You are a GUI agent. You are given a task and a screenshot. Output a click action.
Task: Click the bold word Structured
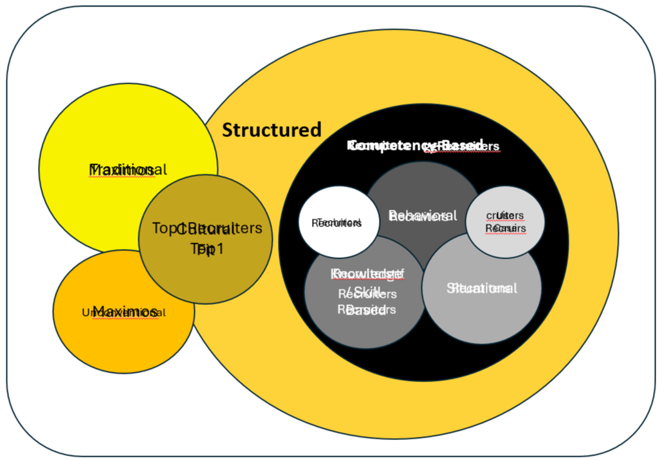[x=271, y=130]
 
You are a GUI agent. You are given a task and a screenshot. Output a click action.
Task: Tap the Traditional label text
[x=127, y=170]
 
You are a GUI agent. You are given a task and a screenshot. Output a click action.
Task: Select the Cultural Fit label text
[x=207, y=238]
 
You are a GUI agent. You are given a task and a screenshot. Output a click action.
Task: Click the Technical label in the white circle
[x=336, y=223]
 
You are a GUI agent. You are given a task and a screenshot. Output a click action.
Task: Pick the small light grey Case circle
[x=506, y=199]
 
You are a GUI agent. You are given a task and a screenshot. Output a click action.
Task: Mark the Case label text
[x=506, y=221]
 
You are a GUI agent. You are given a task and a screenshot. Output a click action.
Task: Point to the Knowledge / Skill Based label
[x=367, y=293]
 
